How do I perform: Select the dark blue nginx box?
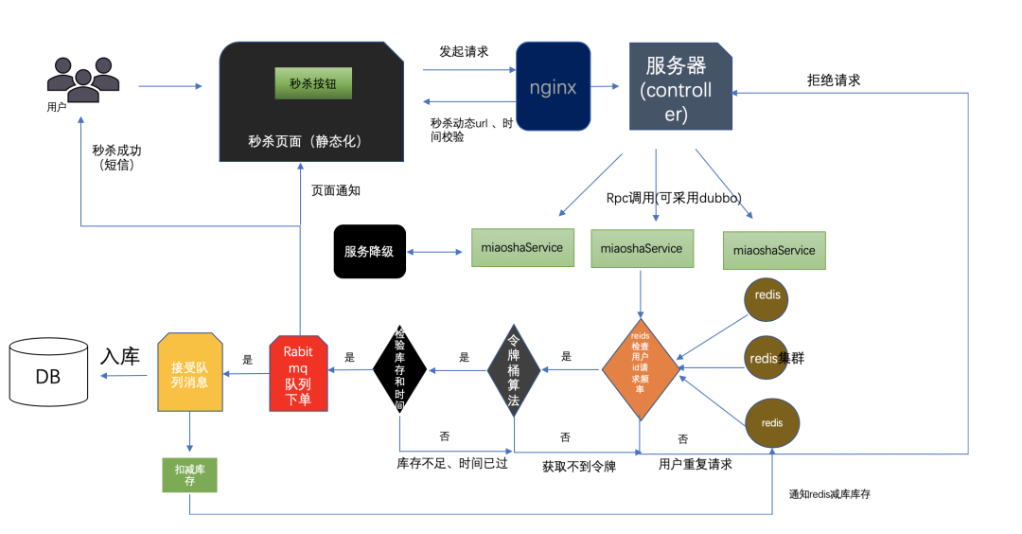click(x=553, y=87)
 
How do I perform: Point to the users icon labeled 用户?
click(x=83, y=80)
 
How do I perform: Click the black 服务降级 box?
click(x=369, y=252)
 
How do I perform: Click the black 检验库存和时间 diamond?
click(x=399, y=369)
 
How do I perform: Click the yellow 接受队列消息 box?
click(x=190, y=372)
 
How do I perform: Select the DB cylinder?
click(x=48, y=377)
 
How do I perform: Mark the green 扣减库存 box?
click(x=190, y=472)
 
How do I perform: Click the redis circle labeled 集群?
click(x=766, y=358)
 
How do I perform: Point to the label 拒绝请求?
click(x=833, y=80)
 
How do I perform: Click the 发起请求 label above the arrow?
click(x=464, y=51)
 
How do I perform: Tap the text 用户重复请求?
click(x=695, y=464)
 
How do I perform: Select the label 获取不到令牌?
click(x=578, y=466)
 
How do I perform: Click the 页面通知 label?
click(x=335, y=190)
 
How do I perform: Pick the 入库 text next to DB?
click(x=120, y=357)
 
